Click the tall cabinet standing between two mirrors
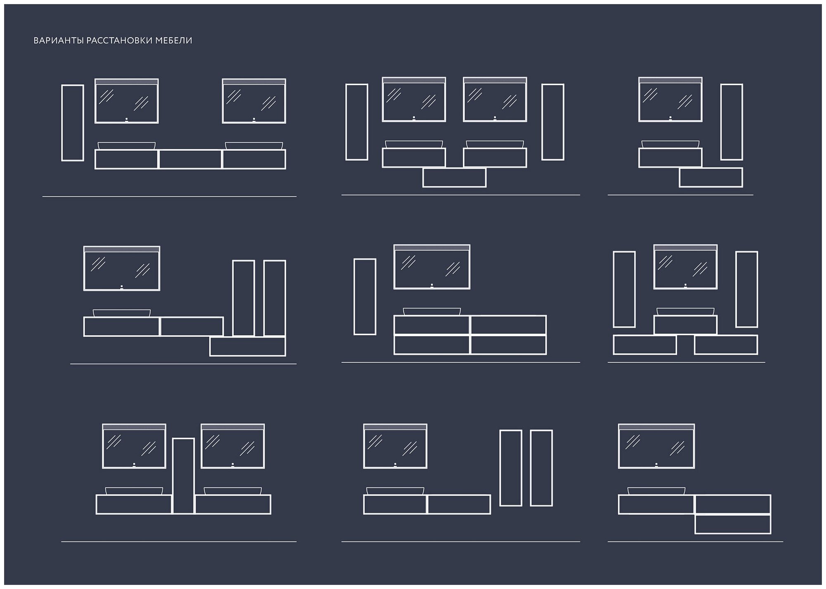coord(183,475)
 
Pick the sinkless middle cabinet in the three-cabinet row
coord(190,159)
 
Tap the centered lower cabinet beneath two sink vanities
coord(454,178)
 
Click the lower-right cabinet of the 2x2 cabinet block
coord(508,345)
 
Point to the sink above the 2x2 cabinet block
coord(432,311)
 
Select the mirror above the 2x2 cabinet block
coord(432,267)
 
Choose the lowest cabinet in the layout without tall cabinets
coord(733,524)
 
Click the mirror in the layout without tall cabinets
coord(656,446)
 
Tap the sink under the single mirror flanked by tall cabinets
coord(686,311)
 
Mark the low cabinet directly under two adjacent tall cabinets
coord(247,347)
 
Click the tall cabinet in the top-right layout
coord(731,122)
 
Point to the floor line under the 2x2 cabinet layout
coord(460,363)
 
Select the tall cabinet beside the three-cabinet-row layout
coord(73,123)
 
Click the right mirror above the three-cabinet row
coord(254,101)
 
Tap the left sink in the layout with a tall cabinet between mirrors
coord(134,491)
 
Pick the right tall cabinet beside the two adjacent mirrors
coord(553,122)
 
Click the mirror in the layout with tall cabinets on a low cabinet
coord(121,268)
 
